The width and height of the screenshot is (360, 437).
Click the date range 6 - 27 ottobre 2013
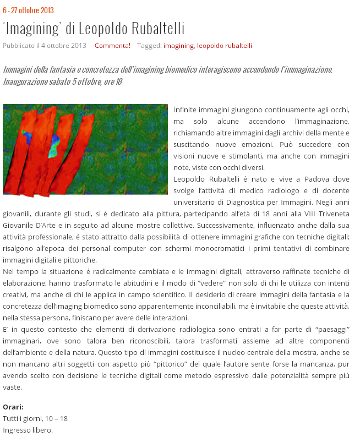[28, 10]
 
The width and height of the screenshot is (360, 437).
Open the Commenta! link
[112, 46]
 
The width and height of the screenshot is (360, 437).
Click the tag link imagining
[178, 46]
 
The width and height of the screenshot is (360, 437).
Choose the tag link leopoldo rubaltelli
[224, 46]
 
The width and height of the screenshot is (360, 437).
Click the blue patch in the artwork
[26, 135]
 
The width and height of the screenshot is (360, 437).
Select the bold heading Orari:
[13, 407]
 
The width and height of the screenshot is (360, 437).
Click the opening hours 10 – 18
[57, 418]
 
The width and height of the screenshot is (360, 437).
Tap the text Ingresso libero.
[28, 430]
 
